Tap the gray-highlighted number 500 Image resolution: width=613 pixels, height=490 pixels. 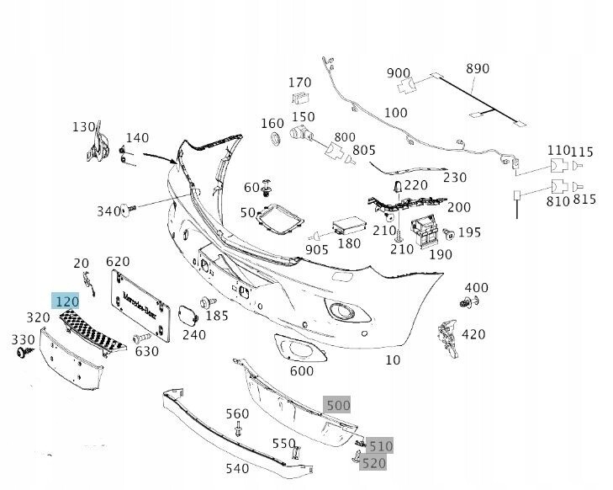click(x=337, y=405)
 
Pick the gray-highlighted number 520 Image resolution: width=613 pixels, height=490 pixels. click(x=373, y=462)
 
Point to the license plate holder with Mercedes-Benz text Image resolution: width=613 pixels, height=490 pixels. click(x=140, y=306)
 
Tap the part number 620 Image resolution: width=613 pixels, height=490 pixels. click(x=118, y=261)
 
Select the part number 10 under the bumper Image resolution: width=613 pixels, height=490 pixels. click(x=393, y=360)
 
